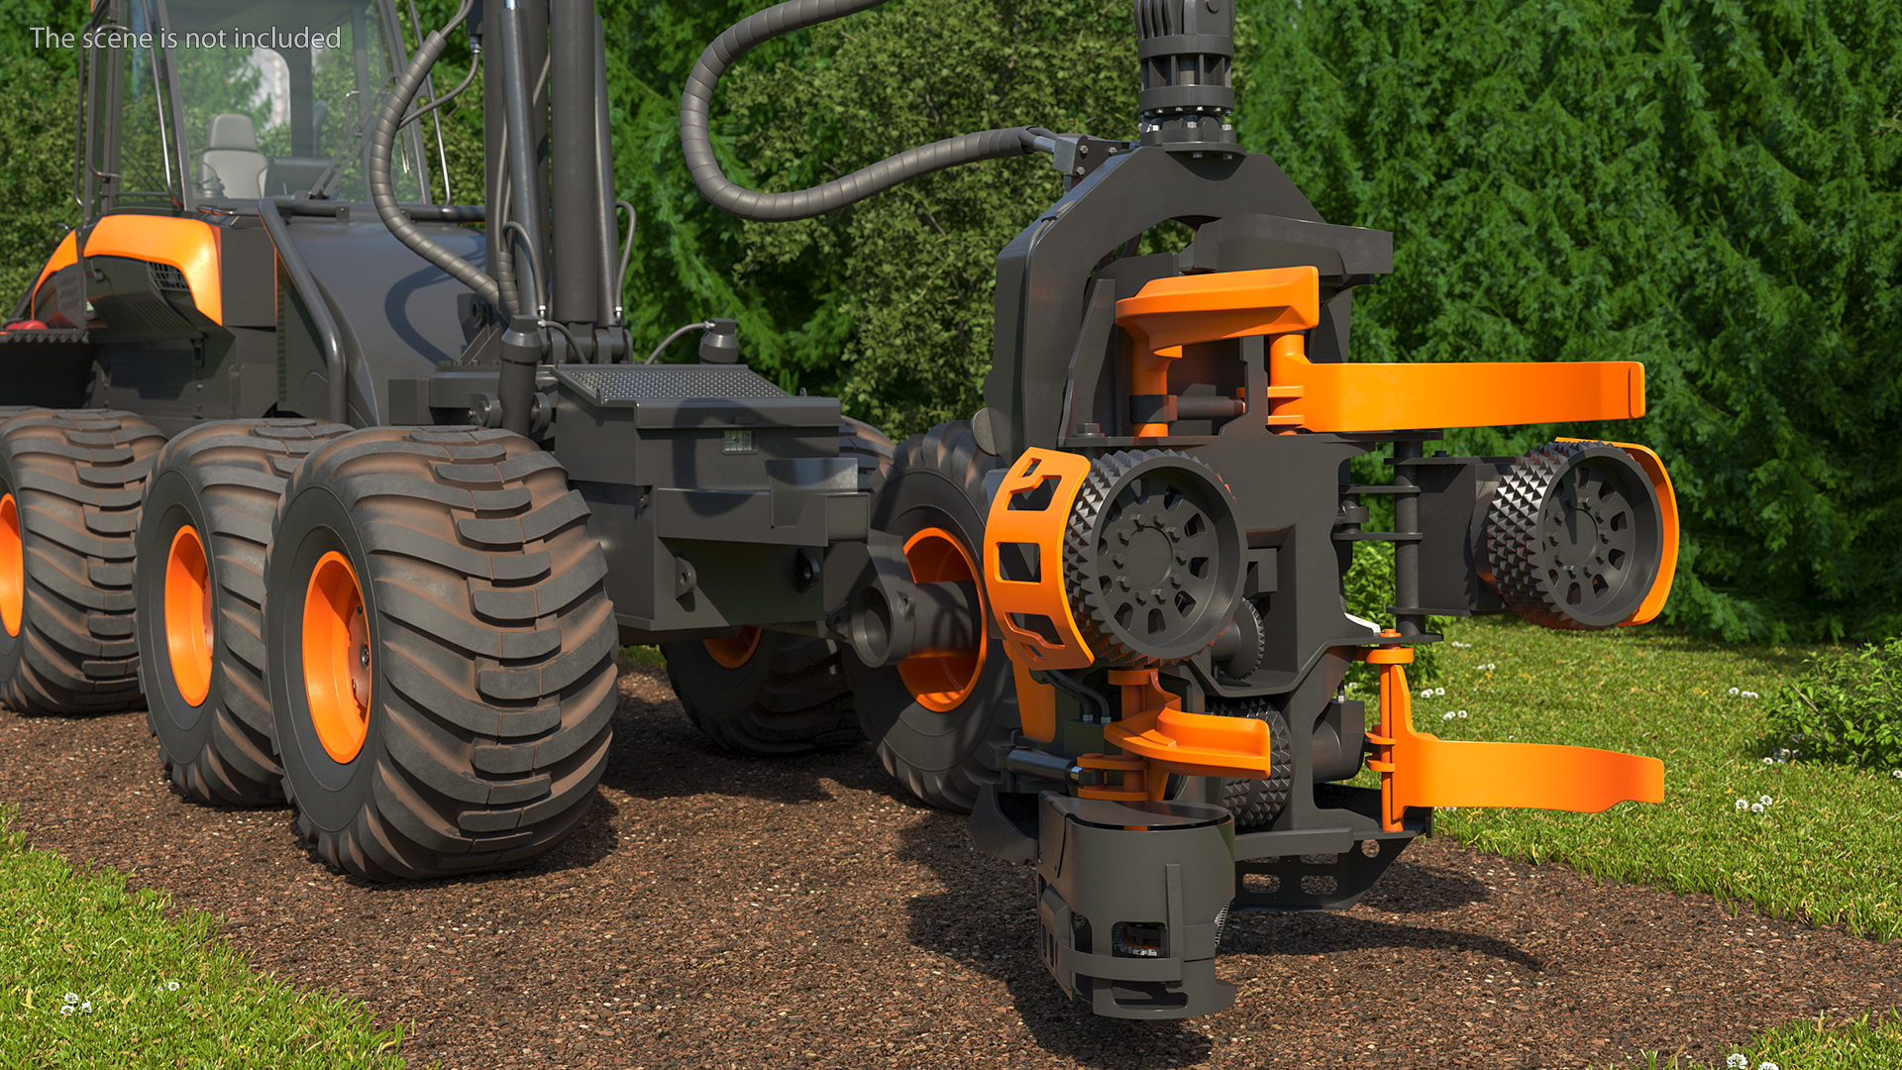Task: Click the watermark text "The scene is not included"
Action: (185, 38)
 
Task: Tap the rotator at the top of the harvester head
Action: (1187, 74)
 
